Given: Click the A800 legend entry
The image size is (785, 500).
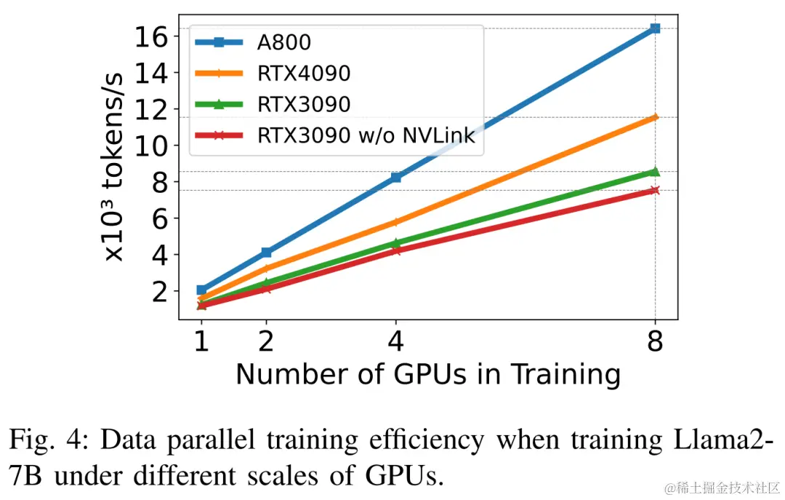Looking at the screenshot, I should pyautogui.click(x=283, y=42).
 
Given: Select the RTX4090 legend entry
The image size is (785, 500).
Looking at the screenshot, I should pyautogui.click(x=303, y=74).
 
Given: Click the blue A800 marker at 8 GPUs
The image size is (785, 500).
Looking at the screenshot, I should pyautogui.click(x=655, y=28).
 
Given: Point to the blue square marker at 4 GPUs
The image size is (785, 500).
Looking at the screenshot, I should pyautogui.click(x=396, y=177).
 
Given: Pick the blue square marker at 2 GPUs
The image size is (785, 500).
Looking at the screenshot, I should pyautogui.click(x=266, y=252).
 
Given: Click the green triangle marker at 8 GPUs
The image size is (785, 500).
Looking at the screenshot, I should pyautogui.click(x=655, y=172).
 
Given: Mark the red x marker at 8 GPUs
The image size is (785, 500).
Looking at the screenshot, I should pyautogui.click(x=655, y=190).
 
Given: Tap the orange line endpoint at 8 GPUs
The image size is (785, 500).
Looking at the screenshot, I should pyautogui.click(x=655, y=116).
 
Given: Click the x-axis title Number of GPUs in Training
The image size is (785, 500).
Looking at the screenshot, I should pyautogui.click(x=428, y=374).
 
